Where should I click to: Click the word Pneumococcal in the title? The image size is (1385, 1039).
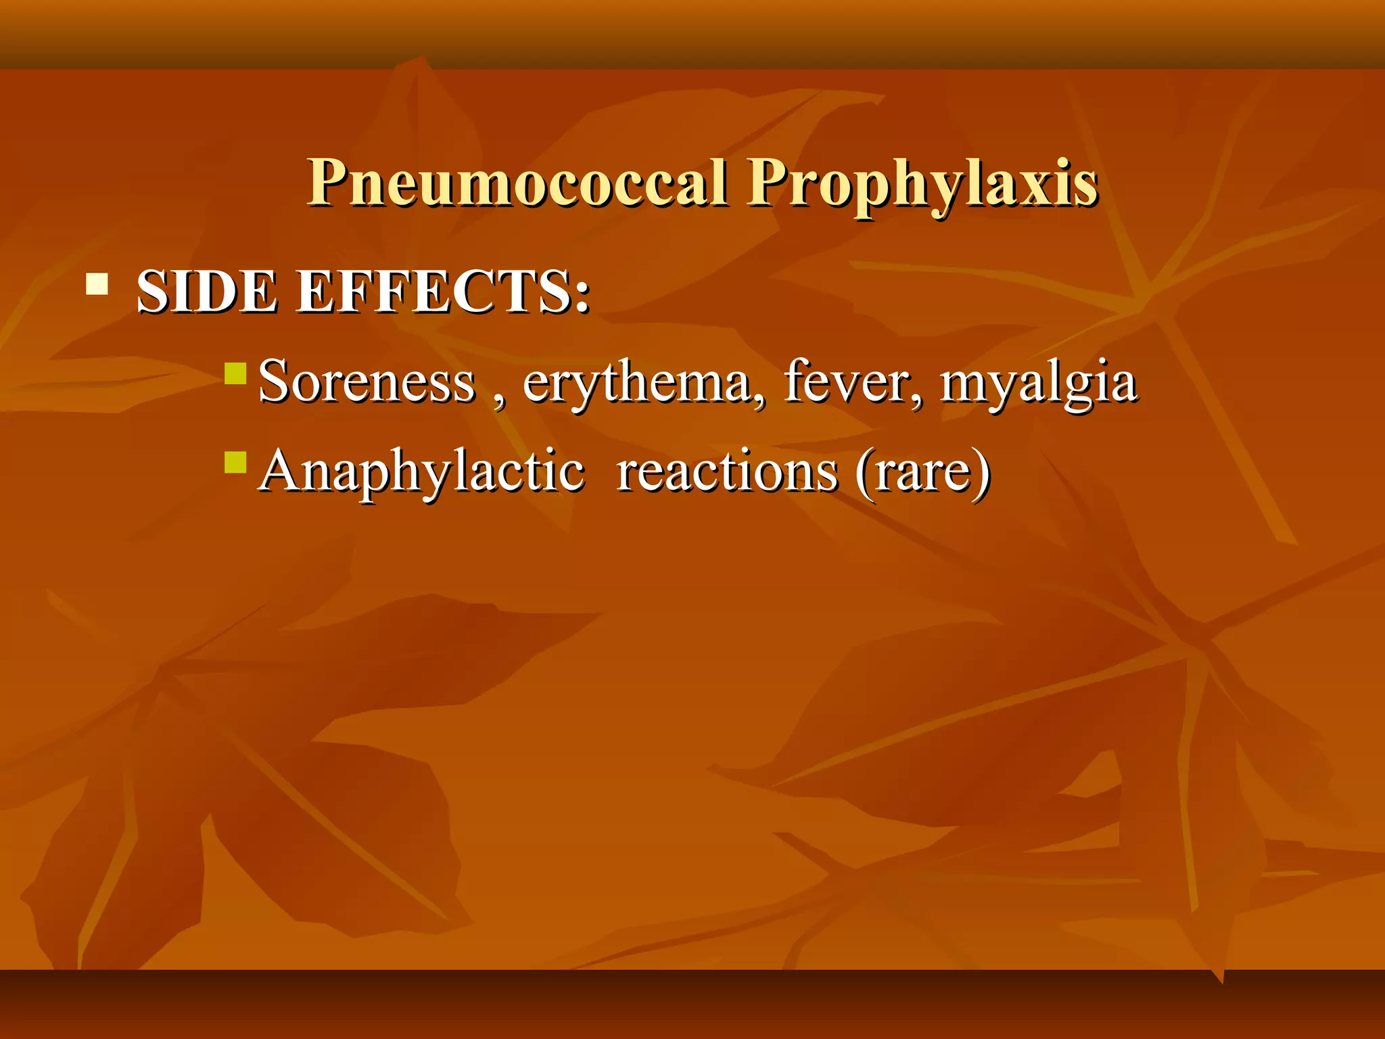click(x=518, y=183)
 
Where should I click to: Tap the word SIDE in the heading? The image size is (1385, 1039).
click(x=206, y=292)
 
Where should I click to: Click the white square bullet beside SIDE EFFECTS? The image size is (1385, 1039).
click(x=97, y=284)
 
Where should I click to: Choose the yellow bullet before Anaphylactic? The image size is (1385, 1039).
click(x=235, y=463)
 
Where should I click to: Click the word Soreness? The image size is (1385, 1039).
click(x=367, y=382)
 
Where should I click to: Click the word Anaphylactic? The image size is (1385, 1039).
click(x=421, y=472)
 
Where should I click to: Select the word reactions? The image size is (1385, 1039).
click(x=727, y=472)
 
